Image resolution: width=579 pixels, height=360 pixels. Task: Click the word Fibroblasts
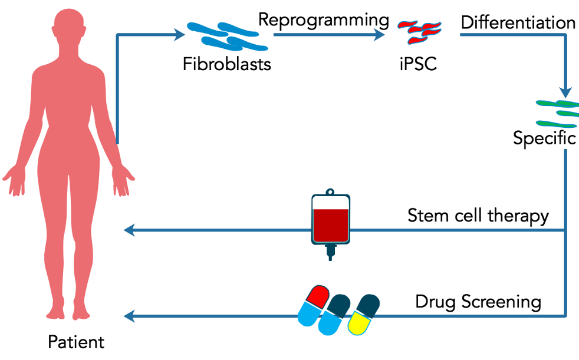[227, 63]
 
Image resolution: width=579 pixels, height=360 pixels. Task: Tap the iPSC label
[417, 63]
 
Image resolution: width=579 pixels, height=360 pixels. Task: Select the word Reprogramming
[324, 20]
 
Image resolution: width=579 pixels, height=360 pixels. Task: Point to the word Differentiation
[518, 23]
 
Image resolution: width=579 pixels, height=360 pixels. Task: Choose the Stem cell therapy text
[478, 216]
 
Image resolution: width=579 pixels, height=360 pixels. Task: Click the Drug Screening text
[478, 302]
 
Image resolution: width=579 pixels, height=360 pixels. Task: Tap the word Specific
[544, 138]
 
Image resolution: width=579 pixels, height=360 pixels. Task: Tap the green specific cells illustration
[558, 114]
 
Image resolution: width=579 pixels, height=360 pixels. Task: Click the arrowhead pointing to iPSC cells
[380, 35]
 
